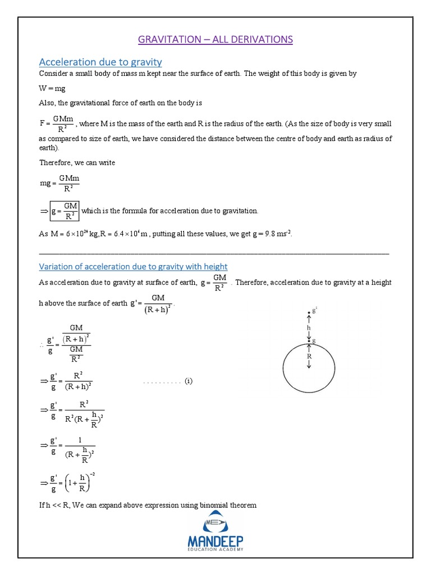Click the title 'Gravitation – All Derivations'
(x=215, y=39)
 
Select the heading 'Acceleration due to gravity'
(x=100, y=61)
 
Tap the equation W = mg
(x=52, y=88)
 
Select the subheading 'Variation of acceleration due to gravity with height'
(x=133, y=266)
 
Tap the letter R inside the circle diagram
(x=309, y=355)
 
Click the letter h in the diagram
(x=309, y=327)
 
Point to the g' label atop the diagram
(x=314, y=311)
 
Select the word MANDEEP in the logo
(x=215, y=542)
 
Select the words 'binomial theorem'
(x=230, y=505)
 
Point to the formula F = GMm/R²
(x=57, y=124)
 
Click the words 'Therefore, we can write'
(x=77, y=162)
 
